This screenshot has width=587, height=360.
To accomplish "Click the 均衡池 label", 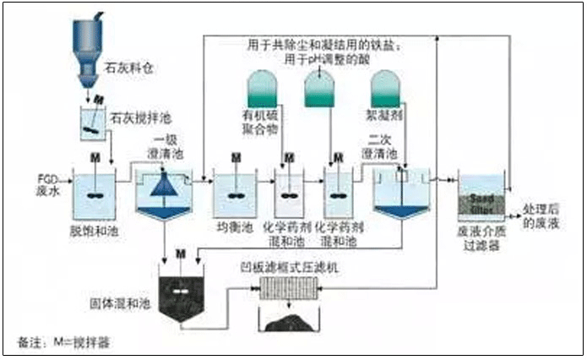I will coord(235,228).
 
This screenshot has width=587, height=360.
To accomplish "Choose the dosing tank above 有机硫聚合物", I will coord(264,90).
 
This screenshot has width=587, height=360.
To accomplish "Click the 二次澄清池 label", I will coord(388,149).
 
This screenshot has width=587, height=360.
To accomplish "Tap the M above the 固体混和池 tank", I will coord(180,253).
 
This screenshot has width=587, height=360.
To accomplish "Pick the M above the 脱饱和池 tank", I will coord(94,158).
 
